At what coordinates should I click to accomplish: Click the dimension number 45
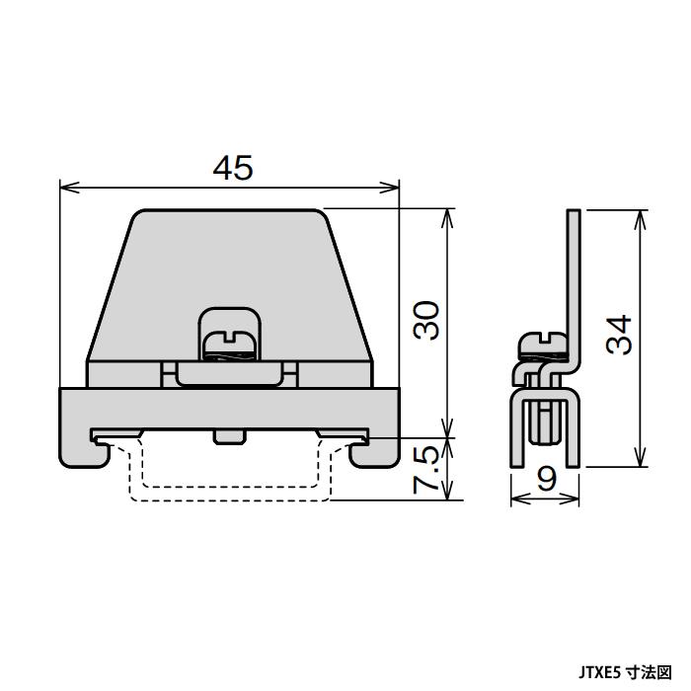pos(232,169)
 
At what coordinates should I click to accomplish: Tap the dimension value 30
pos(425,320)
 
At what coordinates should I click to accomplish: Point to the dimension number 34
pos(618,336)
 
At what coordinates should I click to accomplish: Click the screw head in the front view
pos(231,345)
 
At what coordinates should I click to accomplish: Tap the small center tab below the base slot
pos(228,436)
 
